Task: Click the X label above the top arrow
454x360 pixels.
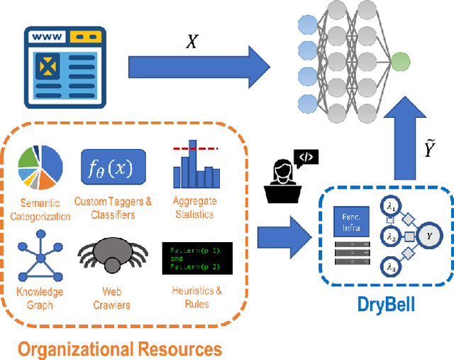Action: click(x=192, y=41)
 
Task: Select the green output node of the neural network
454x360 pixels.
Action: click(x=399, y=62)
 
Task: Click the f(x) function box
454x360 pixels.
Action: click(x=113, y=168)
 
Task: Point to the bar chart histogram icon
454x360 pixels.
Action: click(x=194, y=168)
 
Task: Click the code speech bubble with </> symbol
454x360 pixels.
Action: click(x=306, y=158)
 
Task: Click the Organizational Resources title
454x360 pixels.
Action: click(x=120, y=348)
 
